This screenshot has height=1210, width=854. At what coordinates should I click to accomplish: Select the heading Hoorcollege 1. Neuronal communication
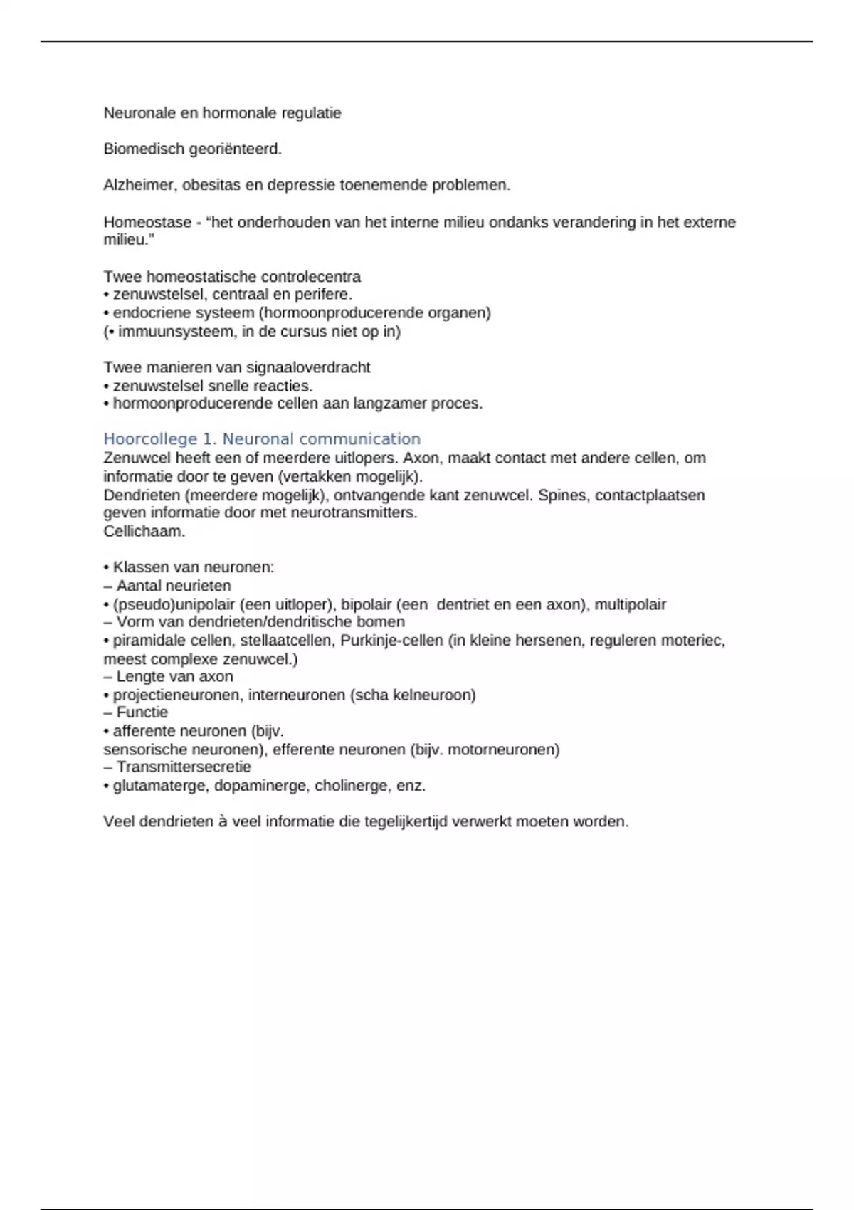(x=262, y=439)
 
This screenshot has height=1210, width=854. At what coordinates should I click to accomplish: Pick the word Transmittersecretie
(x=184, y=767)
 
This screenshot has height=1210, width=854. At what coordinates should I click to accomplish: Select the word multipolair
(x=631, y=604)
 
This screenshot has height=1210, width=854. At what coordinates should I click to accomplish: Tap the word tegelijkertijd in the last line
(x=406, y=821)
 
